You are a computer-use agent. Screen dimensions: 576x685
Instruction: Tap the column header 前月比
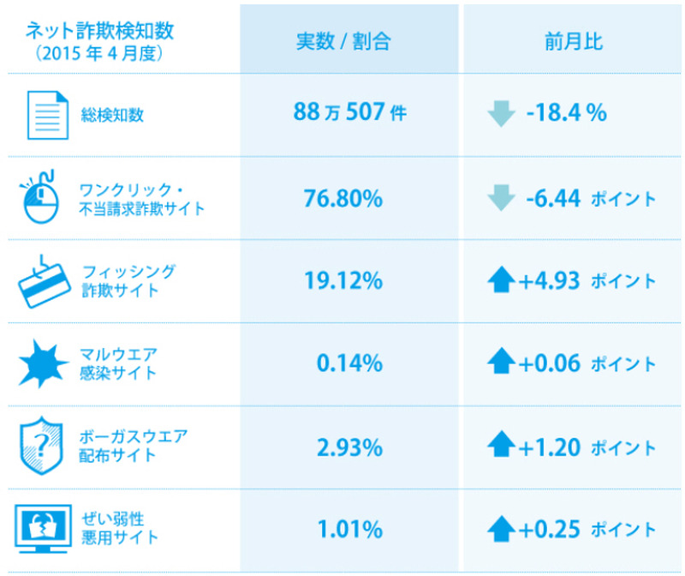pos(573,41)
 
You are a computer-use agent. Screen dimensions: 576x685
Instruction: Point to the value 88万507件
pos(349,114)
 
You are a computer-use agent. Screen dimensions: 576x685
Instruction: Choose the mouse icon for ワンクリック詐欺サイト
pos(42,198)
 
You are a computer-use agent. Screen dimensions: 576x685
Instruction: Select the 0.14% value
pos(349,363)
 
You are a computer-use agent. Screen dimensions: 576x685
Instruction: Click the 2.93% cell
pos(349,447)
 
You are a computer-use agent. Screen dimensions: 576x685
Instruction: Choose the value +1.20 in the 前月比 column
pos(550,447)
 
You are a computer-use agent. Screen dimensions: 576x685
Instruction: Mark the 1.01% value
pos(349,529)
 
